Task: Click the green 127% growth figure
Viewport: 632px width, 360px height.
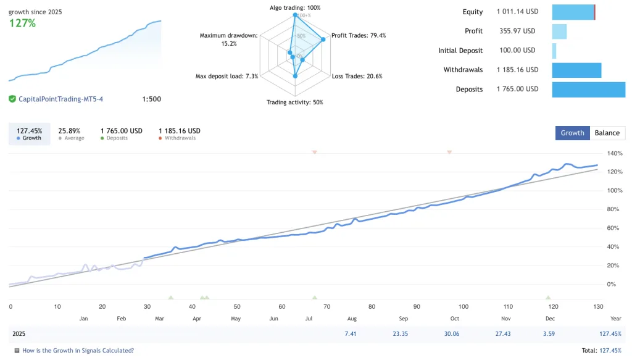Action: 22,23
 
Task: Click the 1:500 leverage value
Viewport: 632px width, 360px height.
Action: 151,99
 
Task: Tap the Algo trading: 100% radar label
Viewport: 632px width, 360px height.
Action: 295,8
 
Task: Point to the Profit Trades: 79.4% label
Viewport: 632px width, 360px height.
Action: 358,35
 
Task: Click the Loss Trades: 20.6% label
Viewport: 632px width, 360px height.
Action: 357,76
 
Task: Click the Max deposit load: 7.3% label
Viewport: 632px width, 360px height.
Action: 227,76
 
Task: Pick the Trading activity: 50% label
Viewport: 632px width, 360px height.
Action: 294,102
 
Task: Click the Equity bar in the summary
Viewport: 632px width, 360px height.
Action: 573,12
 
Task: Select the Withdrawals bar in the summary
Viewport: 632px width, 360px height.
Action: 576,70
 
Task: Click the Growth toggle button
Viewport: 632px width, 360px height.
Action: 572,133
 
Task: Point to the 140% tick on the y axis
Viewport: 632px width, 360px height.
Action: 615,153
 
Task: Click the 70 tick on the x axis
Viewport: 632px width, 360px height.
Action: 326,306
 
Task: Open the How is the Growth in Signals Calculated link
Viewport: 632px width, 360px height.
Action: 78,350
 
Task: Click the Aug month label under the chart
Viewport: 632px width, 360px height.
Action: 352,319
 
